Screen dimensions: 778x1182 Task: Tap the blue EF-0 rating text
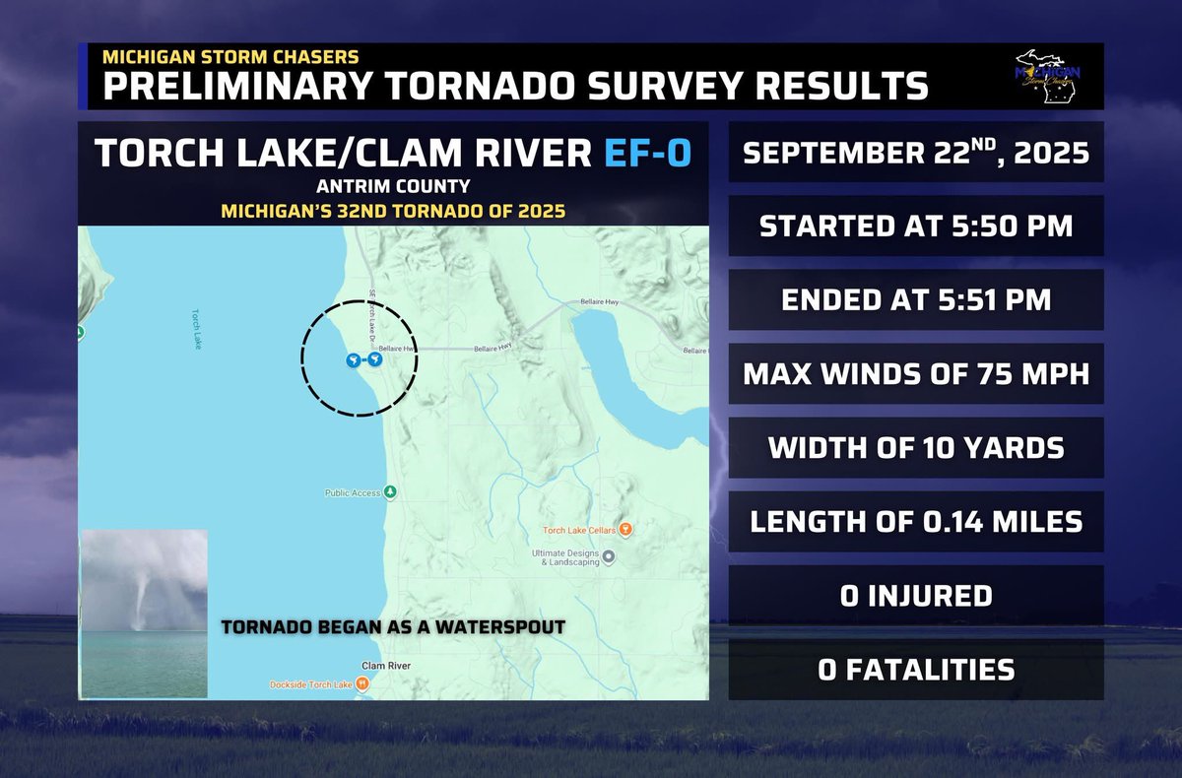coord(645,155)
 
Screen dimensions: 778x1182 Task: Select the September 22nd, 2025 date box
coord(916,154)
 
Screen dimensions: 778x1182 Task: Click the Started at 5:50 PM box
coord(916,227)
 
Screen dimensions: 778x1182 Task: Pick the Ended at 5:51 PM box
coord(916,300)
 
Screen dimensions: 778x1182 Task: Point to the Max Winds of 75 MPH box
coord(916,374)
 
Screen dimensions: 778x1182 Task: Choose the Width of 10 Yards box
coord(916,448)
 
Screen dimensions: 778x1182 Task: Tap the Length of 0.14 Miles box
coord(916,521)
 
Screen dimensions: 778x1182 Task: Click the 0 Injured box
coord(916,595)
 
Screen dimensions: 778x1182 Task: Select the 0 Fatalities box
coord(916,670)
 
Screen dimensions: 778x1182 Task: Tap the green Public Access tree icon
coord(391,491)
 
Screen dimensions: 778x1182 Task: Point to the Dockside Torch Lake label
coord(313,684)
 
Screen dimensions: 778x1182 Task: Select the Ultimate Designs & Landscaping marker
coord(609,557)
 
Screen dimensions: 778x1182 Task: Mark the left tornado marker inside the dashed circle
coord(352,361)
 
